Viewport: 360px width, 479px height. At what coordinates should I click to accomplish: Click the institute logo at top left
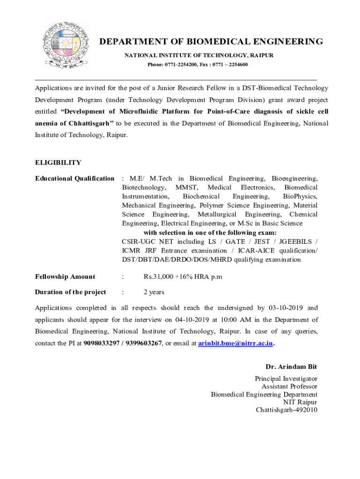(x=65, y=45)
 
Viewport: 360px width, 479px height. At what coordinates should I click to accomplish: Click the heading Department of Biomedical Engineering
(x=211, y=42)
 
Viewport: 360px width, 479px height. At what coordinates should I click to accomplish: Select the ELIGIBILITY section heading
(x=58, y=163)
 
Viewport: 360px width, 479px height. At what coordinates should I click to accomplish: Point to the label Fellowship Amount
(x=65, y=276)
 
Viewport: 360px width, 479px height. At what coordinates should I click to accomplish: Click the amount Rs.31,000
(x=158, y=276)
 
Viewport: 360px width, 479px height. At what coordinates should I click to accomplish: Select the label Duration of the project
(x=71, y=292)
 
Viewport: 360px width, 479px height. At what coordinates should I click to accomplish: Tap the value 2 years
(x=154, y=292)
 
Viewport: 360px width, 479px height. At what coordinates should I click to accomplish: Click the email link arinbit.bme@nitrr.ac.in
(x=235, y=343)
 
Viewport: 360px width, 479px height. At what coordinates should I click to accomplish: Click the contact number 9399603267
(x=144, y=343)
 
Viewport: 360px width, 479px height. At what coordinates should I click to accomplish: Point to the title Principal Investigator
(x=286, y=378)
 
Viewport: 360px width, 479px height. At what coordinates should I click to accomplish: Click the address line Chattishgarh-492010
(x=286, y=410)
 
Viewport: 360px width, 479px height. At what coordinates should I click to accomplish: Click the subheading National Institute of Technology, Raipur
(x=199, y=55)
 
